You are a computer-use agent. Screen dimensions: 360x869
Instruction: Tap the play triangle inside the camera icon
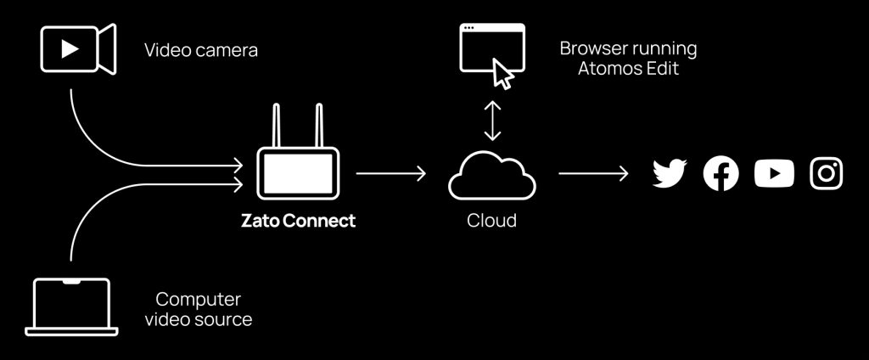[x=70, y=48]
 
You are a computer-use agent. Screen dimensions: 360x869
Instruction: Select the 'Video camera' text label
[x=201, y=50]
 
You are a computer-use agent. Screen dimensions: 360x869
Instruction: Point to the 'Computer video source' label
[x=199, y=309]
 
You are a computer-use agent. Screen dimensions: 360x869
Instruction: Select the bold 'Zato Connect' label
[x=297, y=222]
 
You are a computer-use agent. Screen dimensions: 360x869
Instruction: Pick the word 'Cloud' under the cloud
[x=492, y=221]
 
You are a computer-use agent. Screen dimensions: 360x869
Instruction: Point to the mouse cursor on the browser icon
[x=504, y=75]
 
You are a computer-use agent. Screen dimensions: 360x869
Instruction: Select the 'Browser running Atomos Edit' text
[x=628, y=59]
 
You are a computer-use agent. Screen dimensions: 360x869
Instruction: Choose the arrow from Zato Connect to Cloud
[x=390, y=173]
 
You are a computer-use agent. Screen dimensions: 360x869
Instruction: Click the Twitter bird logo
[x=670, y=174]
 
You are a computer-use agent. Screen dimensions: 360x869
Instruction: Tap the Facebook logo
[x=721, y=174]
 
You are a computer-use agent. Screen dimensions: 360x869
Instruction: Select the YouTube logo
[x=774, y=174]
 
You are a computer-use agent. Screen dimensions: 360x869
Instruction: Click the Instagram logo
[x=827, y=174]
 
